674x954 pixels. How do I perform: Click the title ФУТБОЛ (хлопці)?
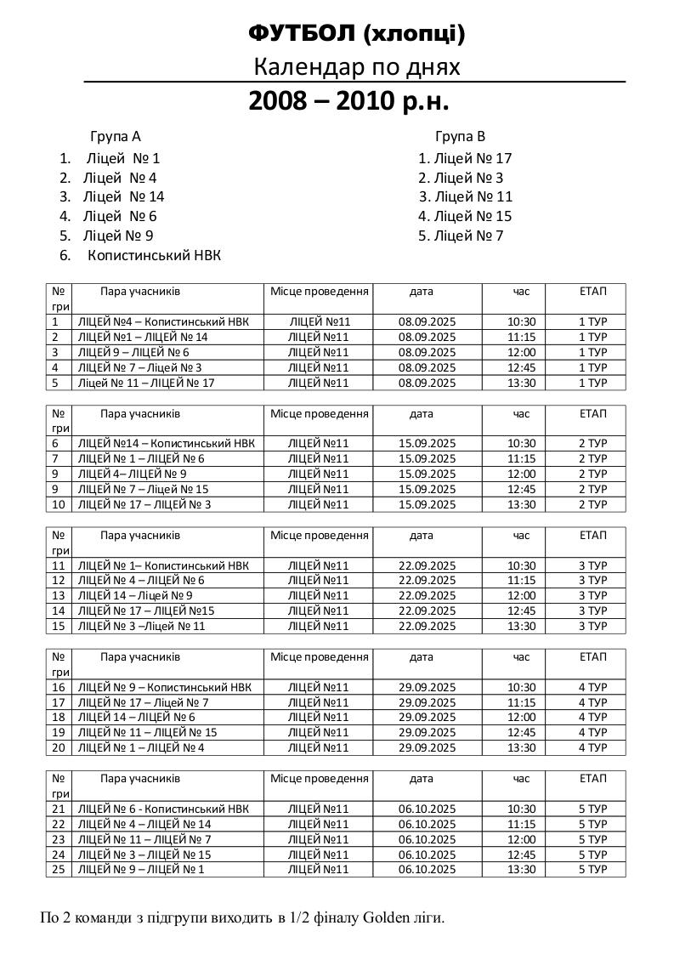[356, 33]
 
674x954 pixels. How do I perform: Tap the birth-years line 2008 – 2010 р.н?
[348, 101]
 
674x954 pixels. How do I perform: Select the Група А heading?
[116, 136]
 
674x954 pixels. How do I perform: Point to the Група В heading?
[461, 136]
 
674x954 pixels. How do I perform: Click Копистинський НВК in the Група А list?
[154, 255]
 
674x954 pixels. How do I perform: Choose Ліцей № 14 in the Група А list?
[124, 197]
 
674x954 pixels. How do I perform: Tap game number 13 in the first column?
[59, 596]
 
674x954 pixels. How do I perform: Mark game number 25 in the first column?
[59, 870]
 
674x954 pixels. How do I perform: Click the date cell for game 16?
[427, 688]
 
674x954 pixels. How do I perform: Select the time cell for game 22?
[522, 825]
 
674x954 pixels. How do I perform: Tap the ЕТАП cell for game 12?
[592, 581]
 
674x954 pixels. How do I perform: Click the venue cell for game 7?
[319, 459]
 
